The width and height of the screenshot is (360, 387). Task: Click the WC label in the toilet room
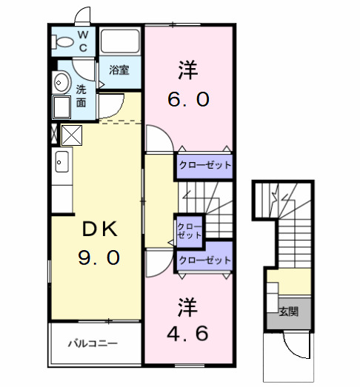[x=83, y=41]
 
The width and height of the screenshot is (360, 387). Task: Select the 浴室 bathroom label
[x=119, y=70]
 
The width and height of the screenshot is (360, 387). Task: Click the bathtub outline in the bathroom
[x=120, y=42]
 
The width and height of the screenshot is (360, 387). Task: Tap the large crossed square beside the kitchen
[x=72, y=135]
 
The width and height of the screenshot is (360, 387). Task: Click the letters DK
[x=99, y=230]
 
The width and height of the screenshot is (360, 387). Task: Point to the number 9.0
[x=99, y=258]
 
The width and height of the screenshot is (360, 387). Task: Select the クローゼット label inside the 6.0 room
[x=204, y=165]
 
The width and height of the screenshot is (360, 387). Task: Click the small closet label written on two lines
[x=189, y=230]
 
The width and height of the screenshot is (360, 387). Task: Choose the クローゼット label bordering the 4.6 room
[x=204, y=260]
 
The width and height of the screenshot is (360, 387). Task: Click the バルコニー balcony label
[x=93, y=343]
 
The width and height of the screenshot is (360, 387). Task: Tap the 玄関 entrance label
[x=288, y=312]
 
